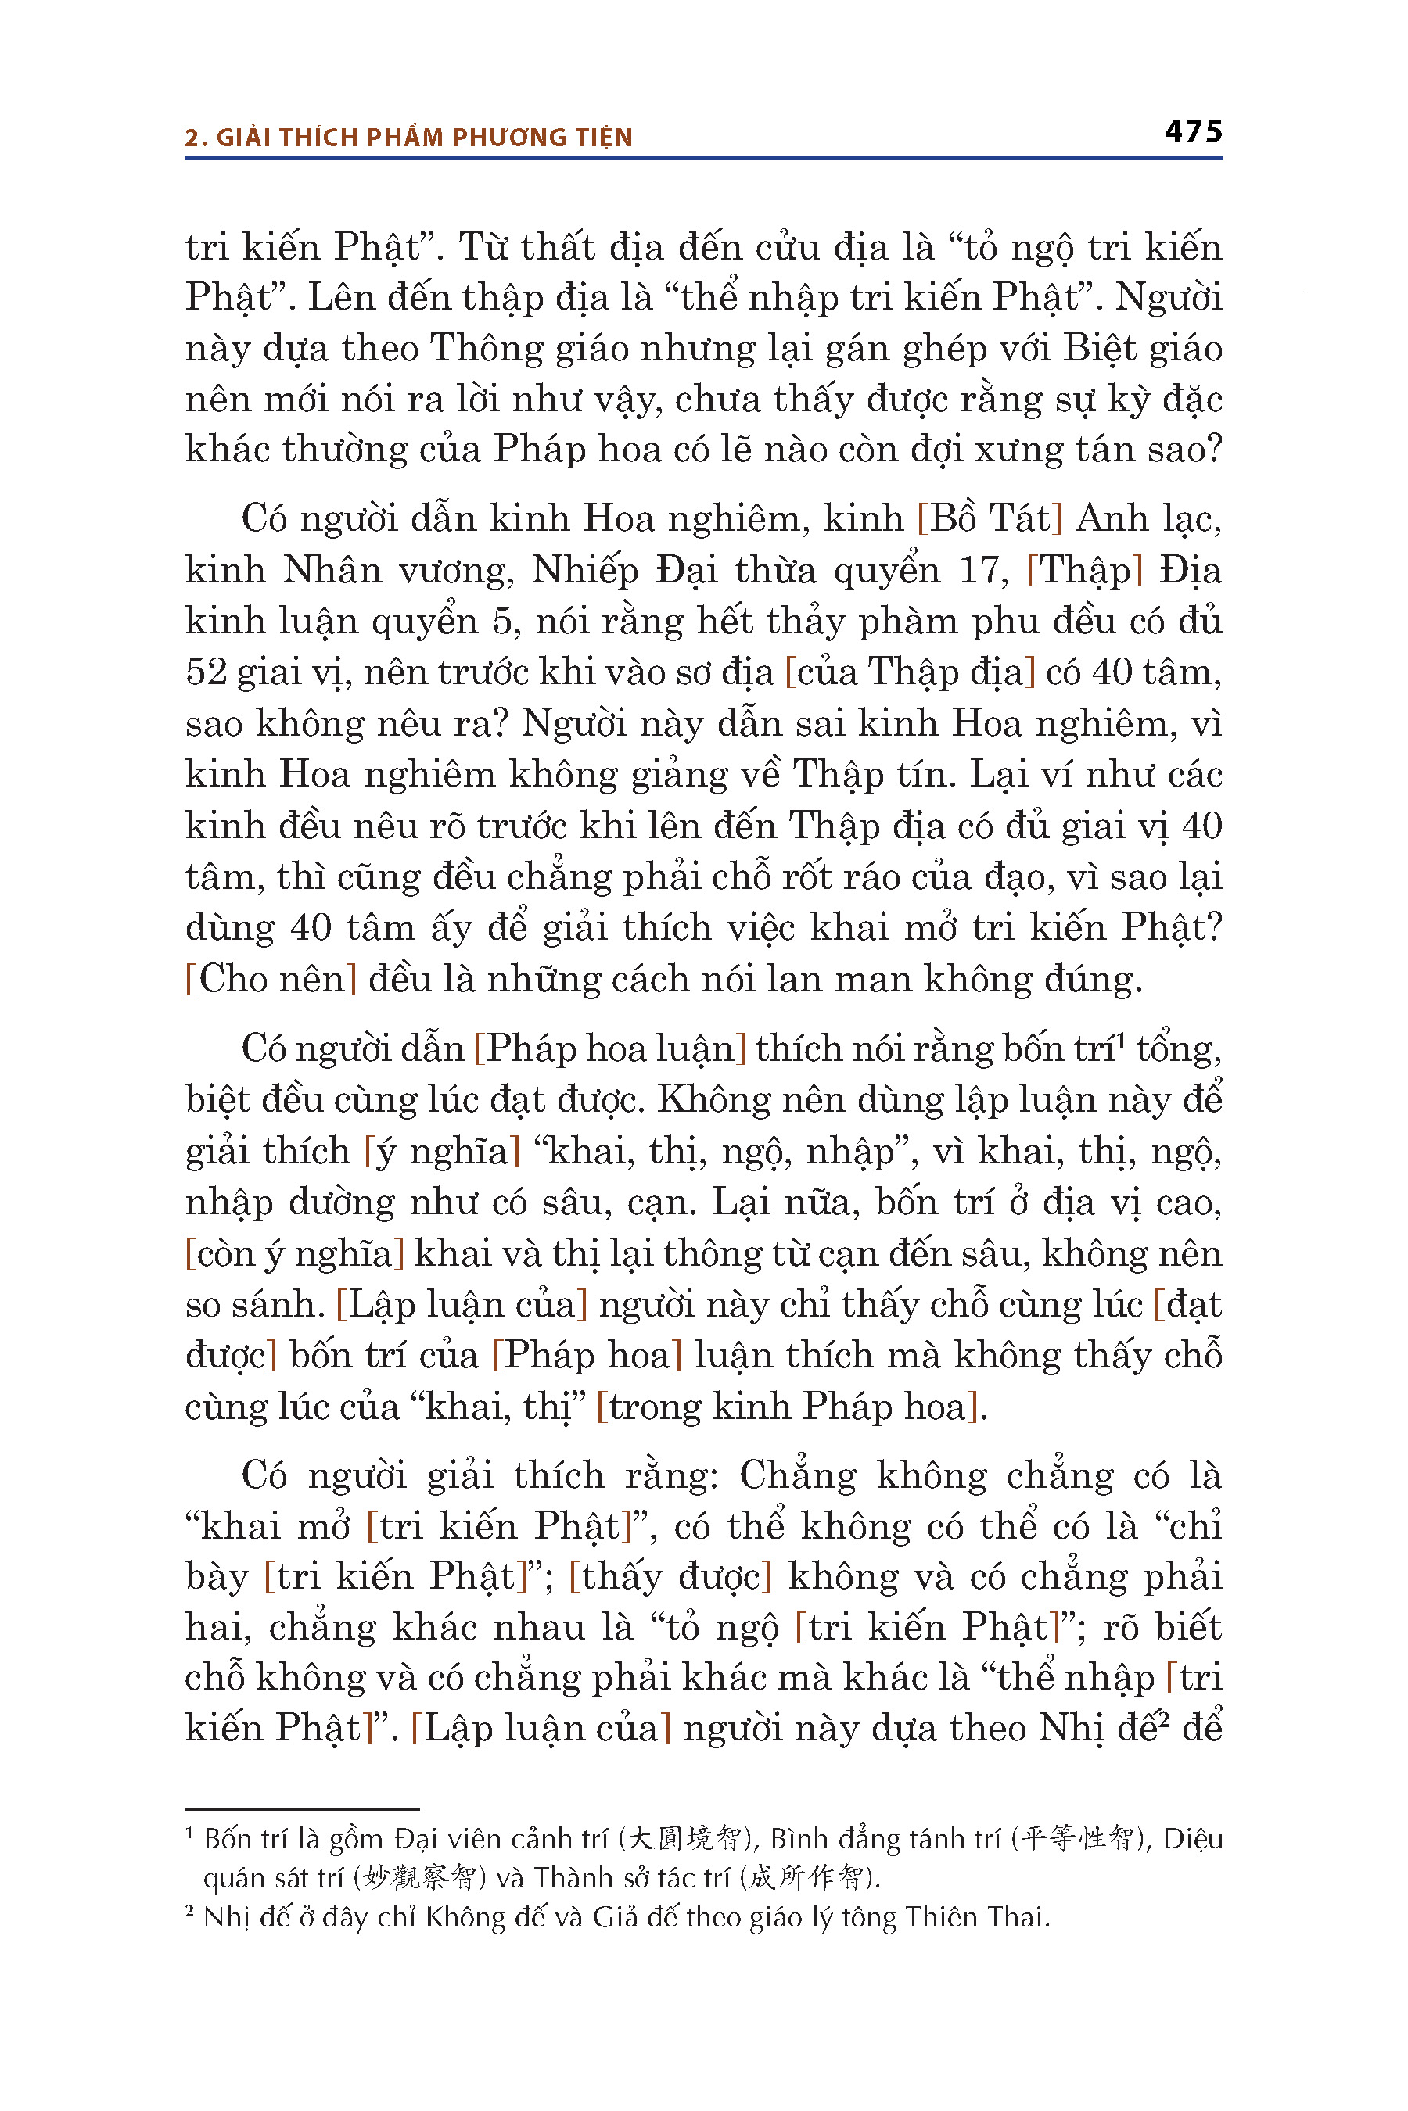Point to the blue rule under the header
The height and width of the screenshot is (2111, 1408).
[x=703, y=159]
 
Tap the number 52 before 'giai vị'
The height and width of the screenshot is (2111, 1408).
[x=206, y=672]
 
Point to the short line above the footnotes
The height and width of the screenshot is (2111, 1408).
[x=302, y=1808]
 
